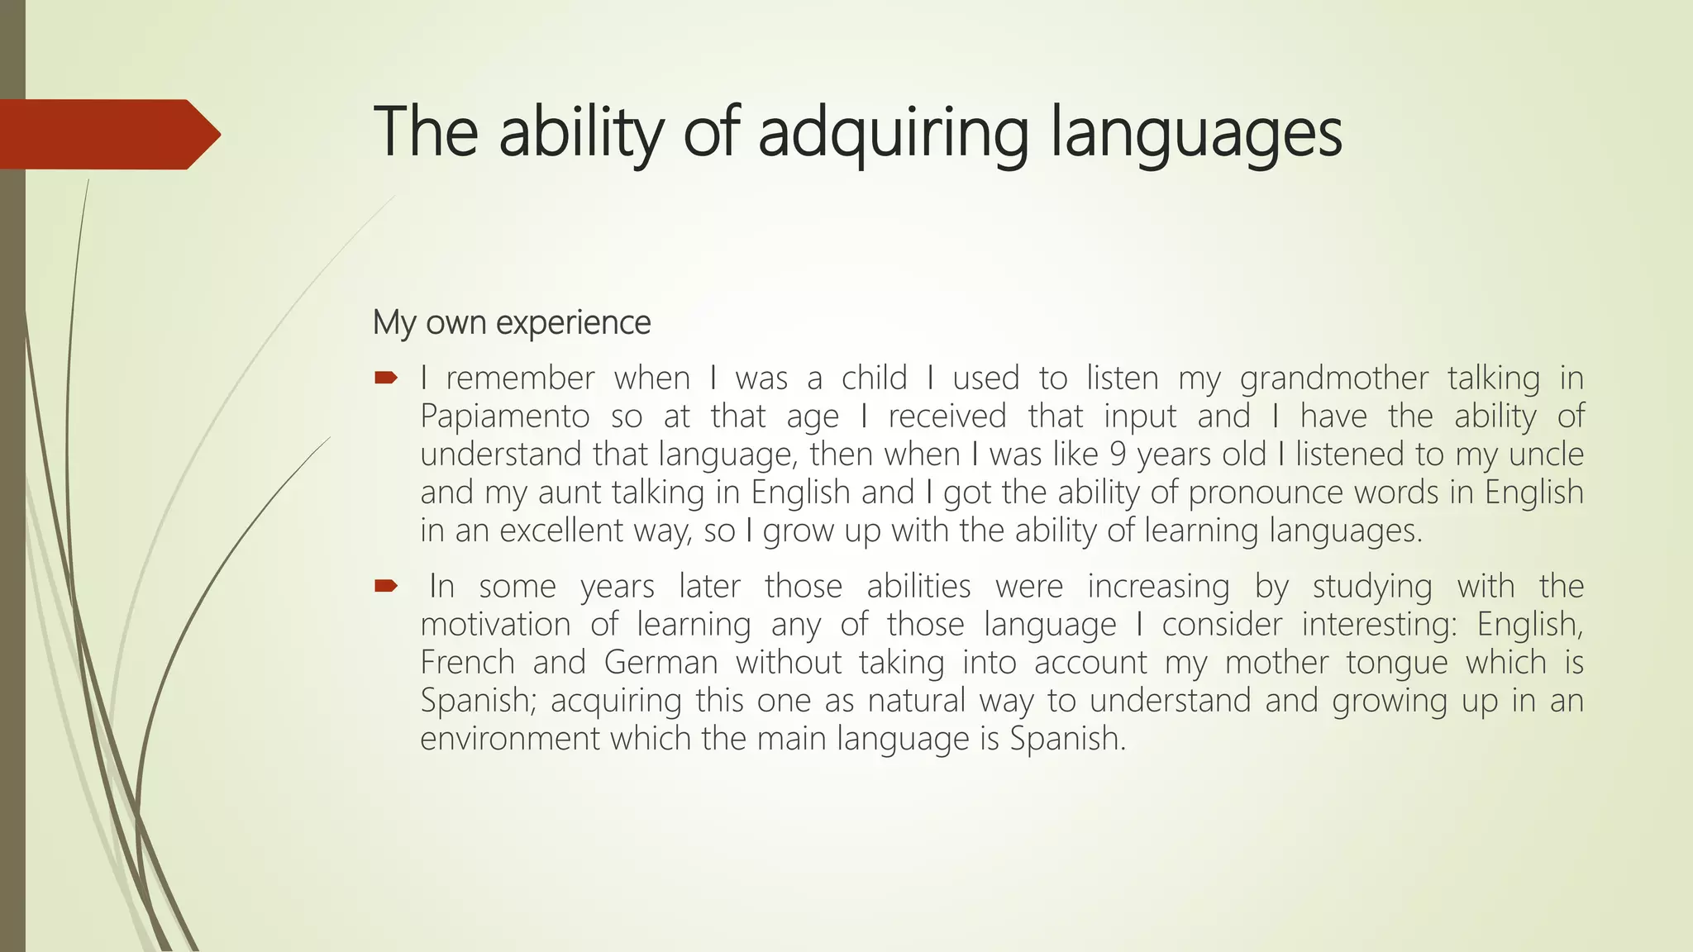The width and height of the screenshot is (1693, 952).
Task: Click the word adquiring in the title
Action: [893, 134]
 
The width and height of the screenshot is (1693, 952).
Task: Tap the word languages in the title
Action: [1196, 134]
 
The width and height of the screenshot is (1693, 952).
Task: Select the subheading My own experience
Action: [512, 322]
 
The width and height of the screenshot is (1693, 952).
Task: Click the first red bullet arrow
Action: [385, 378]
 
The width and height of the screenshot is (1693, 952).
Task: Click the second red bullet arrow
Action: [385, 587]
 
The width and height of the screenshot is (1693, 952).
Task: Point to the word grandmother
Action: [1333, 378]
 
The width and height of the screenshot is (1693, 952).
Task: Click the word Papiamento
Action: [504, 416]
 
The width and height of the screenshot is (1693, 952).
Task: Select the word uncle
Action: [1546, 455]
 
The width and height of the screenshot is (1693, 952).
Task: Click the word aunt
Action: [570, 493]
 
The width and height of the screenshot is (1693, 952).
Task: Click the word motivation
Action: [495, 625]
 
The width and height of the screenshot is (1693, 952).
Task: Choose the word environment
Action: [509, 739]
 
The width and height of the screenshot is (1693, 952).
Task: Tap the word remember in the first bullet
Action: [520, 378]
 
